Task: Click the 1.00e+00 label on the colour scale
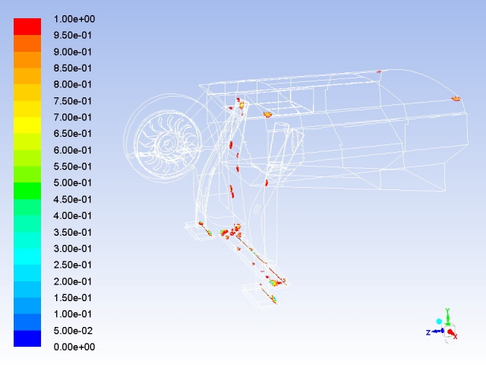click(x=74, y=19)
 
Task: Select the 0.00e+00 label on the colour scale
click(x=74, y=347)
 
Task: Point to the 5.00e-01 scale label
click(x=73, y=182)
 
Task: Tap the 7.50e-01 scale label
click(x=73, y=101)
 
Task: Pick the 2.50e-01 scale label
click(x=73, y=265)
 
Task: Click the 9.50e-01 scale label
click(x=73, y=36)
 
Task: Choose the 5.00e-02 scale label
click(x=73, y=331)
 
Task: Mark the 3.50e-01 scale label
click(x=73, y=232)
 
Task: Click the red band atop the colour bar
click(x=27, y=27)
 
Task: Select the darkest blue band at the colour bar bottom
click(x=27, y=338)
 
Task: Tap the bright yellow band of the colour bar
click(x=27, y=125)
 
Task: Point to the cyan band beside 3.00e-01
click(x=27, y=256)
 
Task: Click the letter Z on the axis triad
click(x=428, y=332)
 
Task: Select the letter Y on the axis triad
click(x=447, y=311)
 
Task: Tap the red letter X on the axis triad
click(x=456, y=336)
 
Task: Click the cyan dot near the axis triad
click(x=439, y=322)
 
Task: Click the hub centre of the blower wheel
click(x=167, y=144)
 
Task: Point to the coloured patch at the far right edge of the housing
click(x=456, y=99)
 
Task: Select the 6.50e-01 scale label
click(x=73, y=134)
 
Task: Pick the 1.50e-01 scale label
click(x=73, y=297)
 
